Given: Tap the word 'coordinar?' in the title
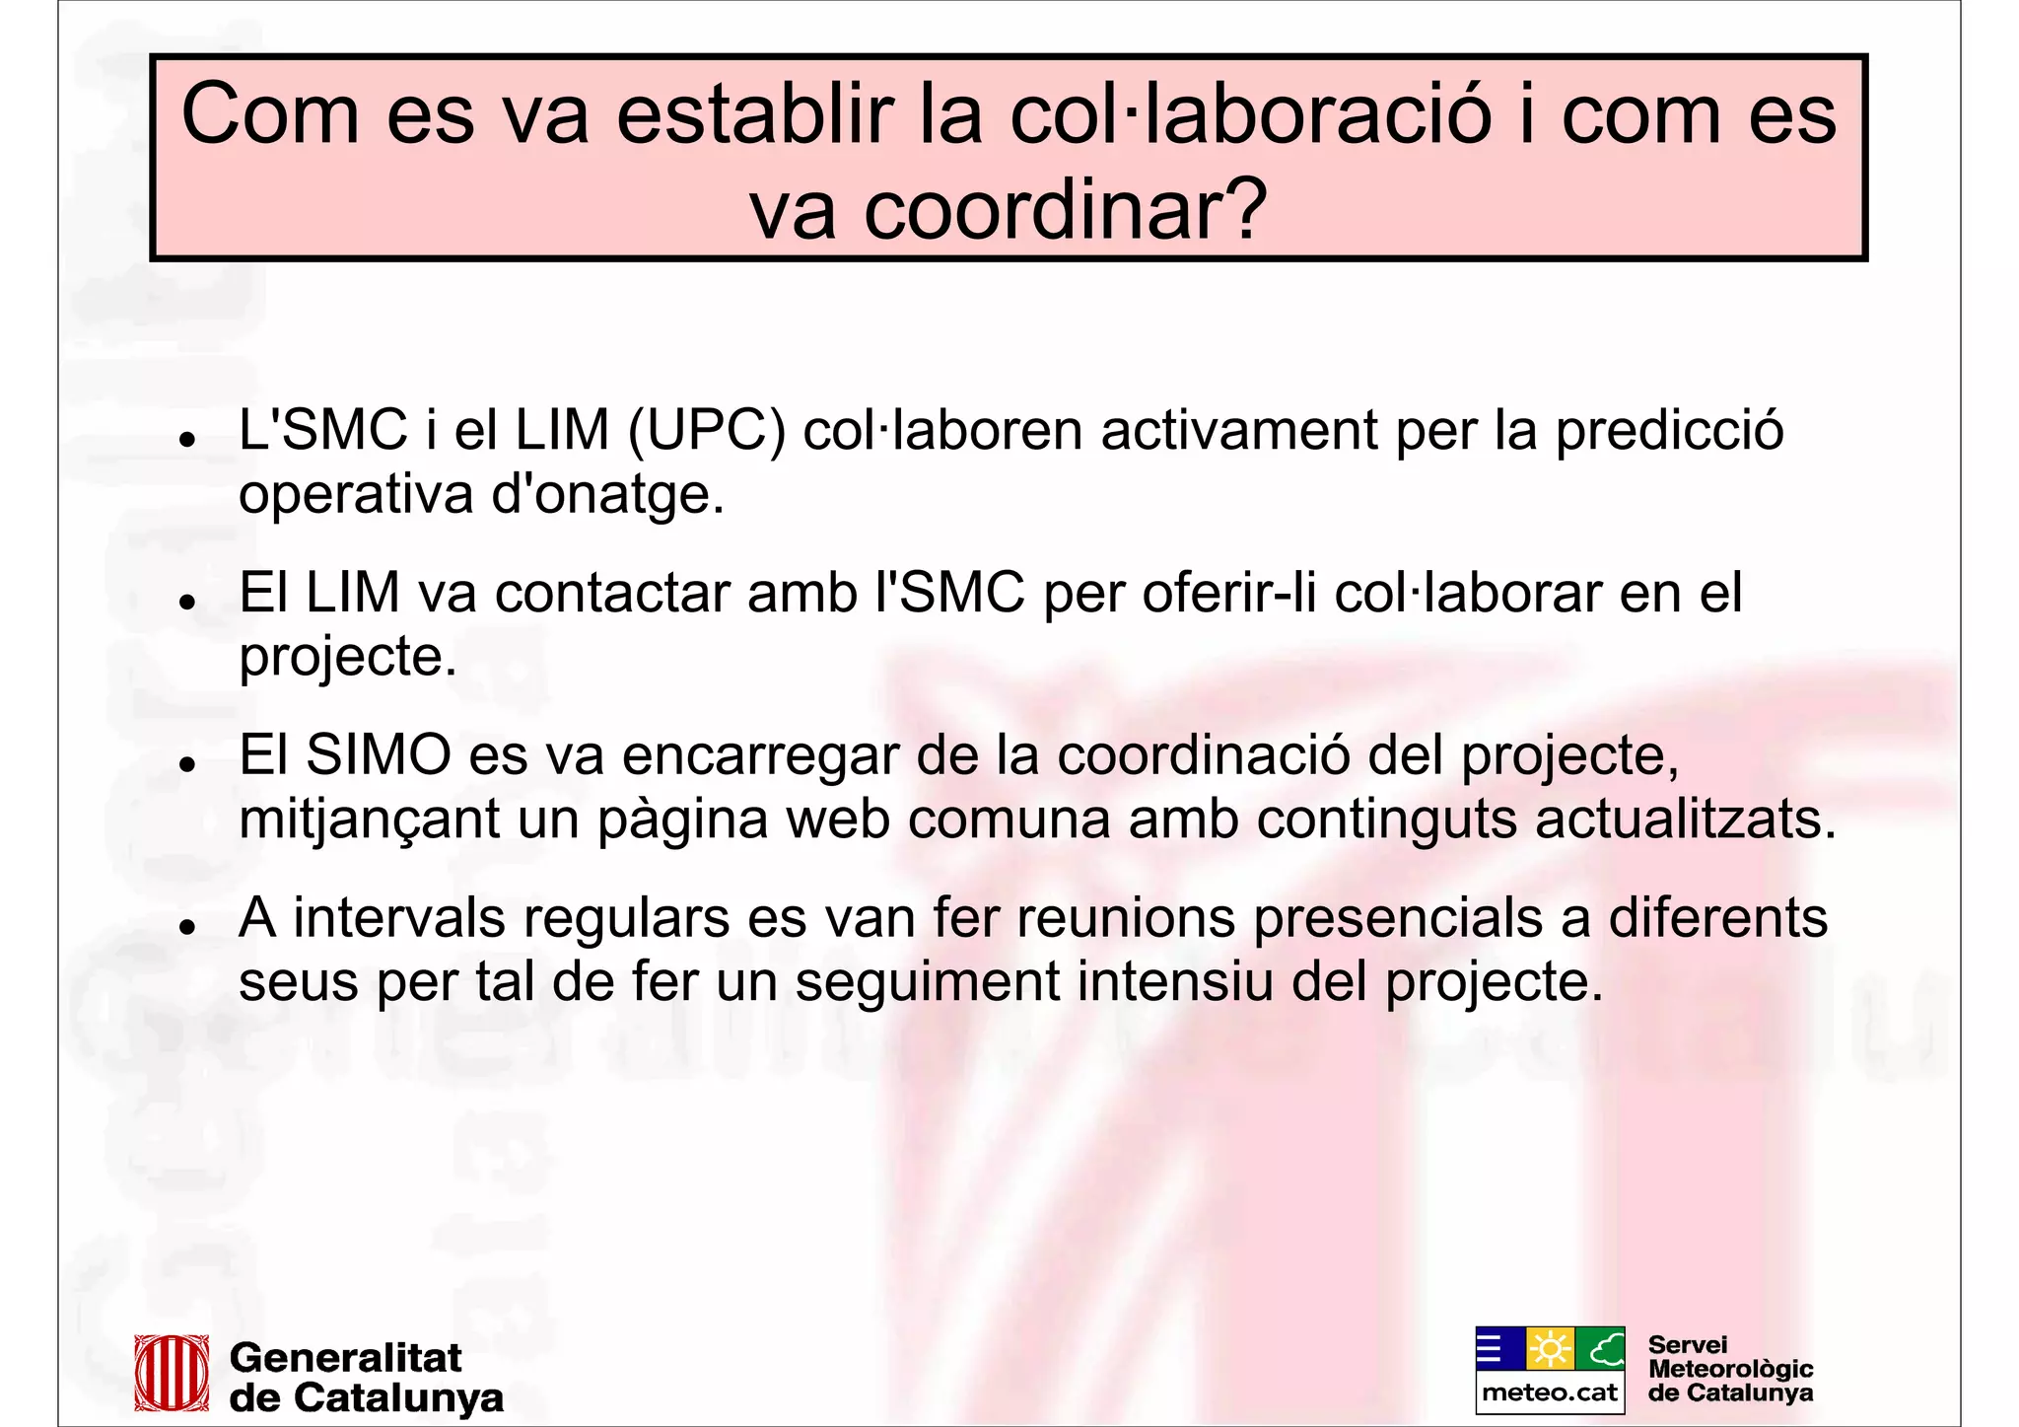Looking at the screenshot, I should [x=1065, y=210].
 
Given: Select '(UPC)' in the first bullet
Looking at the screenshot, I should [x=706, y=431].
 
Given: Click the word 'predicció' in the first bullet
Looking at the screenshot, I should [x=1669, y=431].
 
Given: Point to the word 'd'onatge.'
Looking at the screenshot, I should [x=607, y=494].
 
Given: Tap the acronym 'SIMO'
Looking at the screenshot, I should [x=379, y=755].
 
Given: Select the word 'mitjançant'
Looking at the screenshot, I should [x=370, y=821].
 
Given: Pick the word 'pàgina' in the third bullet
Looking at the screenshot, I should [x=682, y=821].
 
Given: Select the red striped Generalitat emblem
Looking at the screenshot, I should [x=172, y=1372].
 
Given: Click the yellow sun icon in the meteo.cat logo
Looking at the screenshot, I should [x=1550, y=1349].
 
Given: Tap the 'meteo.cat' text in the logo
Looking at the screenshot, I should [x=1550, y=1392].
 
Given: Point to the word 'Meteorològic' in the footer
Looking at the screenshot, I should [x=1730, y=1369].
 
